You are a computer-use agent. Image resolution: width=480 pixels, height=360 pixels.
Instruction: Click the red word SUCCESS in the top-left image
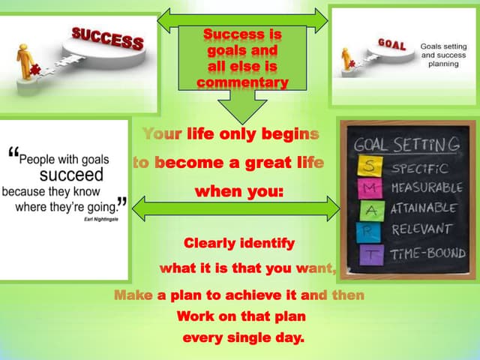(107, 37)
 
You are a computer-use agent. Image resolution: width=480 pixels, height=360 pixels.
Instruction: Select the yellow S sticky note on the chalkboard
(373, 166)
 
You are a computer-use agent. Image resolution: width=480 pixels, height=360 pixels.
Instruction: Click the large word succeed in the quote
(71, 175)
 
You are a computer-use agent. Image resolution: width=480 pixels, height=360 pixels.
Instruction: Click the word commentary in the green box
(242, 82)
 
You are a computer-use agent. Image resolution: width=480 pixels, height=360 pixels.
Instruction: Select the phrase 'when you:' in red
(239, 191)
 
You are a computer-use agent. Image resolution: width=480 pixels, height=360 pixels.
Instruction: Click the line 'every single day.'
(244, 337)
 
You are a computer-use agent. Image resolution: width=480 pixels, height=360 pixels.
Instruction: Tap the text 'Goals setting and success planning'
(443, 55)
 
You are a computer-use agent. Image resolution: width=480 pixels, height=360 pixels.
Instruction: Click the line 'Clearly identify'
(239, 244)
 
